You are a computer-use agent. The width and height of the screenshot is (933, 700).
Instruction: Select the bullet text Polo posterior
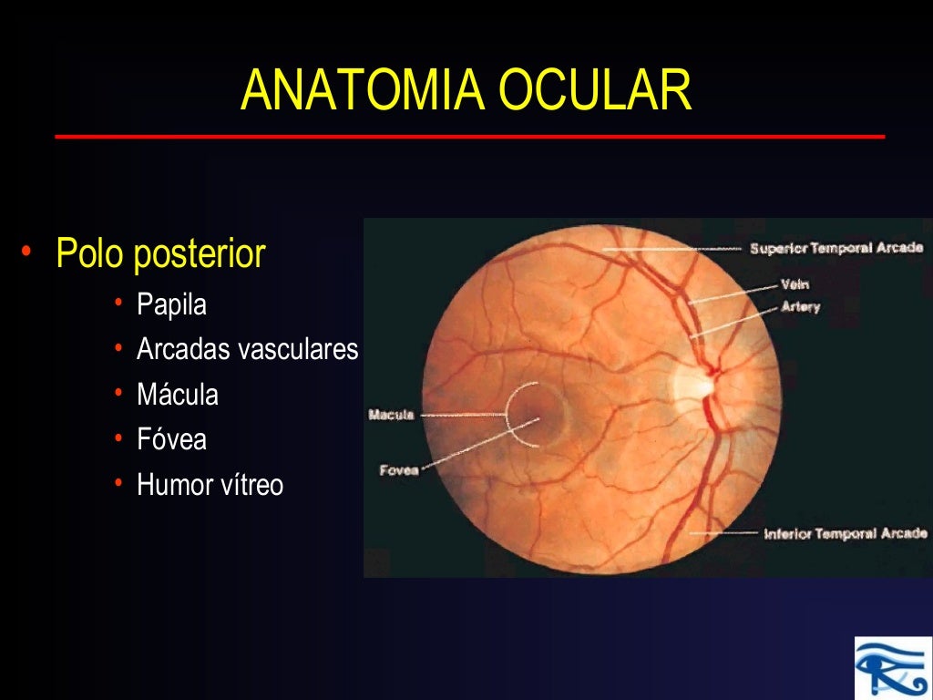(x=160, y=253)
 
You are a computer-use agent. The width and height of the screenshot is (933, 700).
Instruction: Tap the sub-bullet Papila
(x=171, y=304)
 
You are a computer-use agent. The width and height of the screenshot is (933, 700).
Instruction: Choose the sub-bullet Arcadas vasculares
(x=247, y=349)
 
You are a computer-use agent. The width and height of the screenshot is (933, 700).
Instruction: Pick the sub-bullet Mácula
(x=178, y=395)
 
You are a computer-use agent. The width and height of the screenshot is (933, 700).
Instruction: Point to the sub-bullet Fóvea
(x=171, y=439)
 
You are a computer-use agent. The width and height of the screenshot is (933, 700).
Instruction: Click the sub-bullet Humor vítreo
(x=210, y=485)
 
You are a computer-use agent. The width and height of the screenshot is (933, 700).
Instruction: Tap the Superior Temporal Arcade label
(x=836, y=248)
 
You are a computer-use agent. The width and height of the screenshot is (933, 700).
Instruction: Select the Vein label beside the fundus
(x=795, y=284)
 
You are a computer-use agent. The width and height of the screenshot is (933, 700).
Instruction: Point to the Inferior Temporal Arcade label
(x=845, y=534)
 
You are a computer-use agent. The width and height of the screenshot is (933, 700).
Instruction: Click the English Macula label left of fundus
(x=391, y=416)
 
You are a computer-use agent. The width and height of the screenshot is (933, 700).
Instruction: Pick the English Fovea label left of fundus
(x=398, y=470)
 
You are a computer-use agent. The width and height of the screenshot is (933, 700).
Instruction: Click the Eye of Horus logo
(x=892, y=665)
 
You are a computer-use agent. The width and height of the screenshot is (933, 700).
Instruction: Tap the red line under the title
(x=469, y=137)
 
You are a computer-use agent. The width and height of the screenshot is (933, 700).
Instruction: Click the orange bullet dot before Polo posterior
(x=28, y=252)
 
